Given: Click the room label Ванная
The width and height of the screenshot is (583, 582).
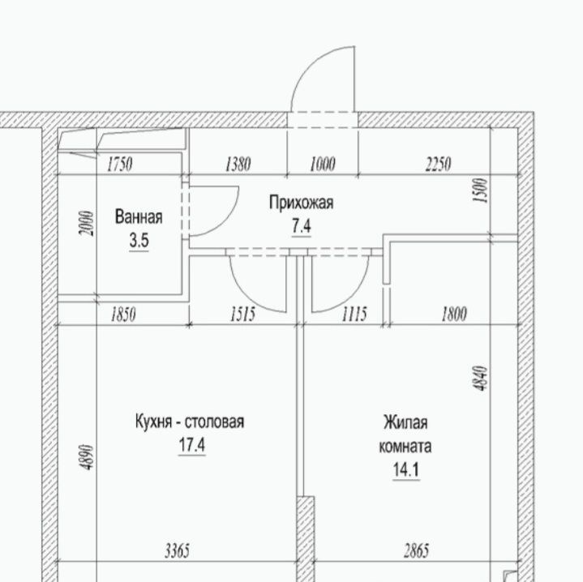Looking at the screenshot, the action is click(x=139, y=216).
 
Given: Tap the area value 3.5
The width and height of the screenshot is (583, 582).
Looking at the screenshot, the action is click(x=139, y=241).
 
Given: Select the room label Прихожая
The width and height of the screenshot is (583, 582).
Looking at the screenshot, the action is click(x=301, y=203).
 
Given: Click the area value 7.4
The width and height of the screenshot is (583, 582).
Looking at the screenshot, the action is click(x=301, y=226).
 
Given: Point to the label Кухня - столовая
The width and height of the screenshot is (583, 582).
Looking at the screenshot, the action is click(x=190, y=422).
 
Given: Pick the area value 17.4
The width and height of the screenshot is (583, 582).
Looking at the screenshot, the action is click(x=192, y=444).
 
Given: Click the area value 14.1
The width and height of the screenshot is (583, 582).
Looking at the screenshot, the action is click(x=406, y=470).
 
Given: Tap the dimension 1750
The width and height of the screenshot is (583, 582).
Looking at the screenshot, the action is click(x=120, y=165).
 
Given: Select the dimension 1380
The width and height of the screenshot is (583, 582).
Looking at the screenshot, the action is click(x=238, y=165).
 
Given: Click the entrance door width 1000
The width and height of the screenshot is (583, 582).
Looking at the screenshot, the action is click(x=323, y=165).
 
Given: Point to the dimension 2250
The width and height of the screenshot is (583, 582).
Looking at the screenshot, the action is click(x=439, y=165).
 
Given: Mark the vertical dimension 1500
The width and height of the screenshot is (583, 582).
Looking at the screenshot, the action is click(x=480, y=190).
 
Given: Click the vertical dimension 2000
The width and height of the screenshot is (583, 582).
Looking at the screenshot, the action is click(x=86, y=224).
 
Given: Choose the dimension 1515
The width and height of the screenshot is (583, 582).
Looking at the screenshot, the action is click(x=242, y=314).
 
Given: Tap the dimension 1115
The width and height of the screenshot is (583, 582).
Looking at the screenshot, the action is click(x=354, y=314).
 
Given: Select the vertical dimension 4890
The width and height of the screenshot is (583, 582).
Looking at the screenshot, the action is click(x=87, y=457).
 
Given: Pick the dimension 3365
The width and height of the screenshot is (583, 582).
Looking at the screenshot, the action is click(x=178, y=550).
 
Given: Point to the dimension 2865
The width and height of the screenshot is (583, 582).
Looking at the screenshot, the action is click(x=417, y=550).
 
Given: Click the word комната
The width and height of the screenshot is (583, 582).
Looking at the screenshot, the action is click(x=405, y=446).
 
